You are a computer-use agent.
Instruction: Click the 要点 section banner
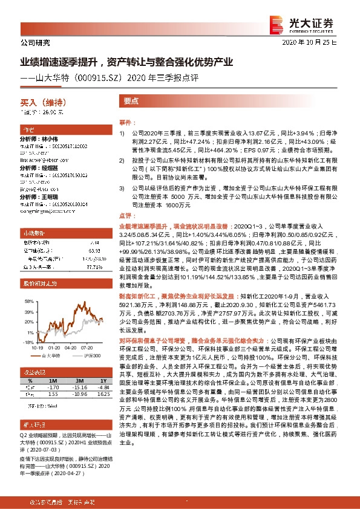click(x=131, y=102)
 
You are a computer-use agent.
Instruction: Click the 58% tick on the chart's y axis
click(x=29, y=300)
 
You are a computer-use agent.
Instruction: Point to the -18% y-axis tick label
click(x=28, y=342)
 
